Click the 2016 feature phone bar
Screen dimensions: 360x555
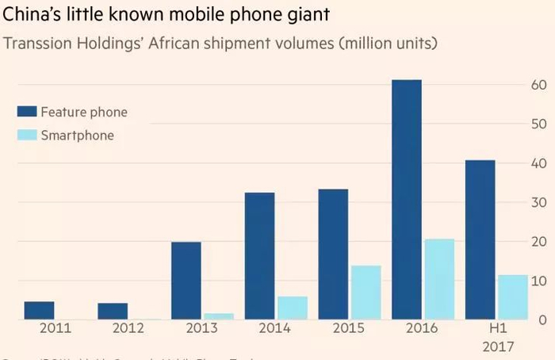(406, 200)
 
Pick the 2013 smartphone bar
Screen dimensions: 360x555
(218, 316)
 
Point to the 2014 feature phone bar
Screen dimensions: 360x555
(259, 256)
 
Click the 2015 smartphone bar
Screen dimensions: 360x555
(365, 293)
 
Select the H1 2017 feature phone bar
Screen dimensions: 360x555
(479, 239)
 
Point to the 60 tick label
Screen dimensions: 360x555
(540, 85)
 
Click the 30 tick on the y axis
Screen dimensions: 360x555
(540, 202)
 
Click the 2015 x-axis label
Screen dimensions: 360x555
(349, 327)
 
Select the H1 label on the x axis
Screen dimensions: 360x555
(496, 327)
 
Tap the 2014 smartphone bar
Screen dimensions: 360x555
(292, 308)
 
